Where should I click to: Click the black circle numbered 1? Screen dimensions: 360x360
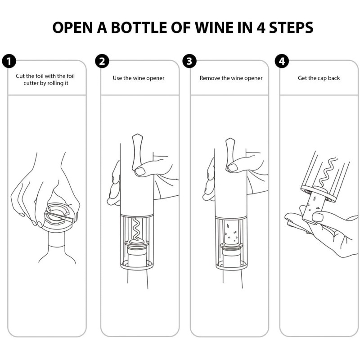[x=9, y=62]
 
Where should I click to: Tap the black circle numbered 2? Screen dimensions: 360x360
[x=102, y=62]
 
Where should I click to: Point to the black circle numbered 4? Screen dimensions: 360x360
[x=281, y=62]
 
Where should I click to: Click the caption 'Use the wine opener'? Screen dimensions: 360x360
[x=139, y=78]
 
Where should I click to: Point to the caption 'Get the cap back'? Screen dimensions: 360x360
[x=319, y=78]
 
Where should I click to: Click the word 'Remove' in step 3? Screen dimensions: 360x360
[x=210, y=78]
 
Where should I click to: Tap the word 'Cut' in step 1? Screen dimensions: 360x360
[x=21, y=76]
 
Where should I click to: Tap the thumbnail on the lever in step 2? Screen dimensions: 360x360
[x=140, y=171]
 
